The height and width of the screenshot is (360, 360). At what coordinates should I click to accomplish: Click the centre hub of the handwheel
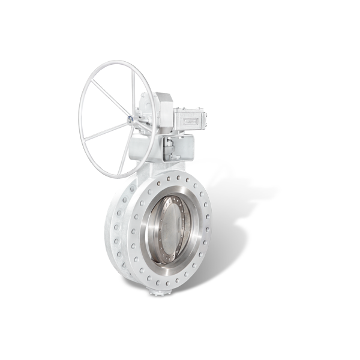[x=130, y=120]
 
